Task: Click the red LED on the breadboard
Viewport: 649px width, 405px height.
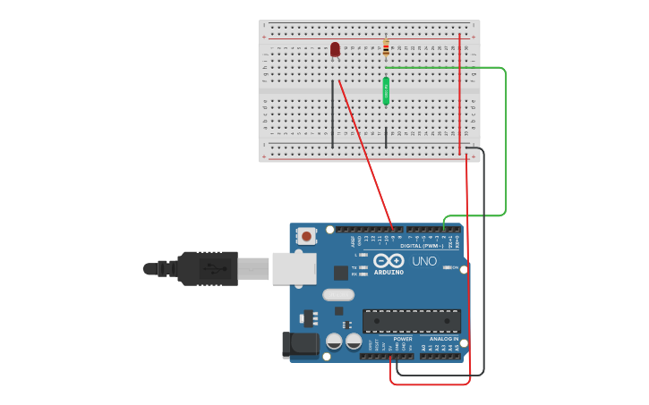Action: pos(335,49)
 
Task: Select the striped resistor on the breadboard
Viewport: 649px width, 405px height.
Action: pos(386,47)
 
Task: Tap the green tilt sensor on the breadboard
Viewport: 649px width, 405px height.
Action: pos(386,89)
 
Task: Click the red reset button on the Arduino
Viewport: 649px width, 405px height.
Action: pos(307,237)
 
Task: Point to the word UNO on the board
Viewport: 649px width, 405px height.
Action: pos(424,261)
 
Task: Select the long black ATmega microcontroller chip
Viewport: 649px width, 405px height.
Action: pos(411,321)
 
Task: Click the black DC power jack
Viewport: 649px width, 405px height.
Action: pos(300,344)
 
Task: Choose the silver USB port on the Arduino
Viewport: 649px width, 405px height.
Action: pos(294,268)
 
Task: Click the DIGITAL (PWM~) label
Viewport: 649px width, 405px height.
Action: pos(423,245)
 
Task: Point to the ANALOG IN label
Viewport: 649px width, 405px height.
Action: pos(443,339)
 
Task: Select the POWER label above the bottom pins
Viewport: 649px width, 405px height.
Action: pos(403,339)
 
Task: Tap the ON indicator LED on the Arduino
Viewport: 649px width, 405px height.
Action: pos(447,267)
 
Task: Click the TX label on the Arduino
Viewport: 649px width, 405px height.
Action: pos(355,267)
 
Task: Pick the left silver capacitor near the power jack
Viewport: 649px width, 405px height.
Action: pos(334,342)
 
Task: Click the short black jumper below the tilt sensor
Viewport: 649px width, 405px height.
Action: pos(386,137)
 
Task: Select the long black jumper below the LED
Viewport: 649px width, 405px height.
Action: pos(333,114)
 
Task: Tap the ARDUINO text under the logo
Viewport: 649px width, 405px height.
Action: pos(389,271)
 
